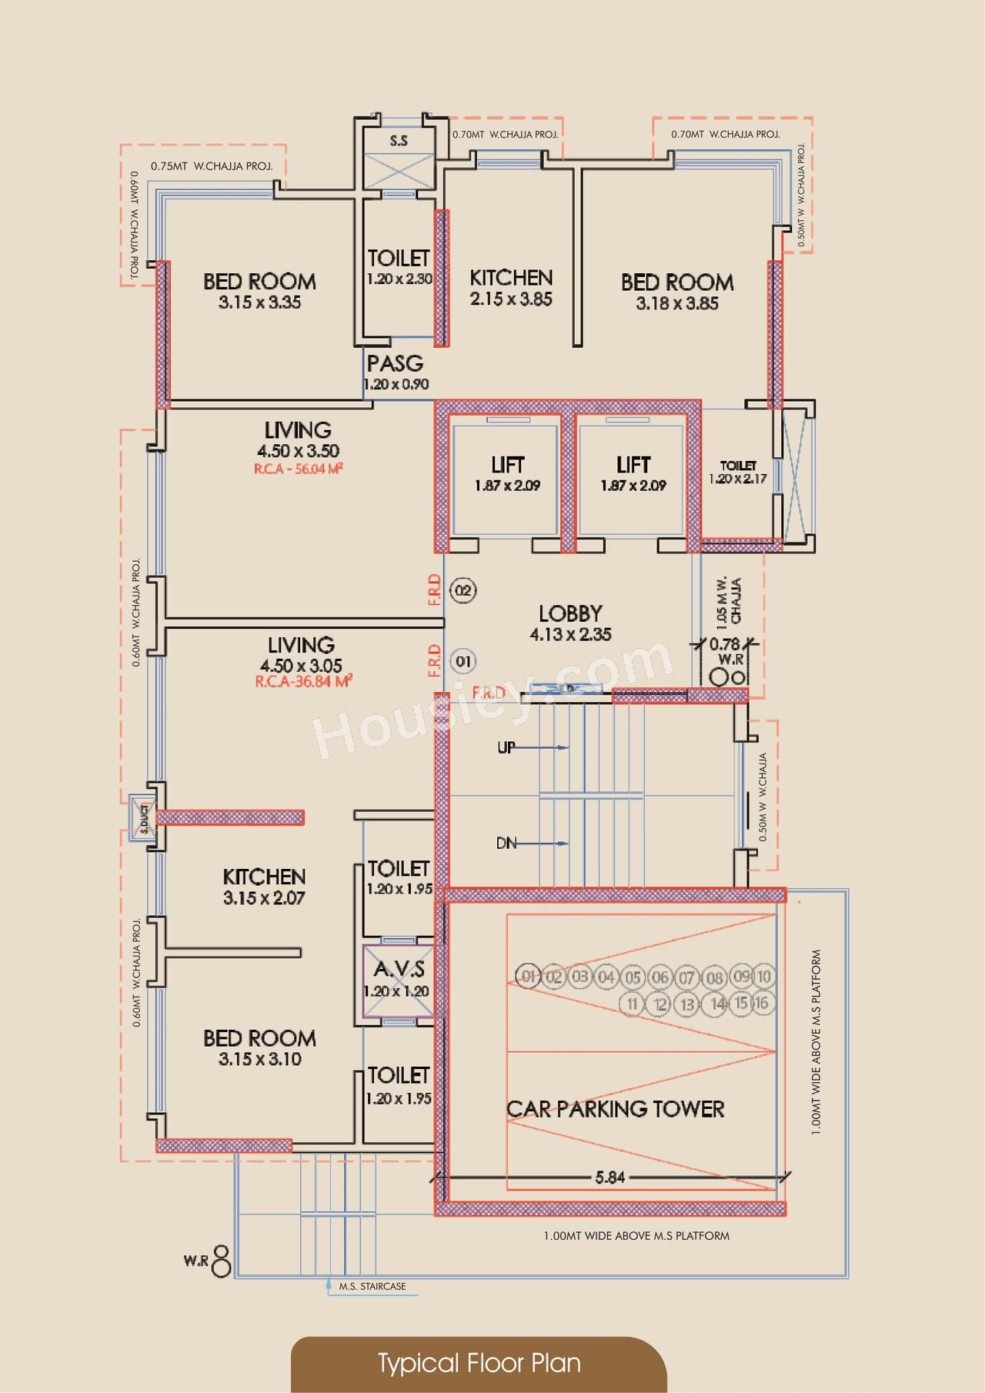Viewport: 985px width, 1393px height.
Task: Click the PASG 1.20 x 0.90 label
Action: [x=396, y=372]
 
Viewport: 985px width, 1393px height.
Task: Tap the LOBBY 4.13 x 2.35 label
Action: [x=570, y=623]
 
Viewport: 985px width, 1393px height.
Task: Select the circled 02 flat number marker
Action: [x=463, y=591]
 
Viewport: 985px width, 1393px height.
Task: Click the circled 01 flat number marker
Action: [x=463, y=661]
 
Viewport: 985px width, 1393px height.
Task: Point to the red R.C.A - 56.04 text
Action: [x=299, y=469]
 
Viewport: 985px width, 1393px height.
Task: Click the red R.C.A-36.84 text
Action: [x=303, y=682]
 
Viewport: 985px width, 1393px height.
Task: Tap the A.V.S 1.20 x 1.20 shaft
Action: [x=398, y=979]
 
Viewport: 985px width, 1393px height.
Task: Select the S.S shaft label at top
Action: [x=399, y=141]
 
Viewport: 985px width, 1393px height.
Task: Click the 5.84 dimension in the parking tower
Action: [x=609, y=1177]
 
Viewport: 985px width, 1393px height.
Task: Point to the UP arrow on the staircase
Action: [x=531, y=747]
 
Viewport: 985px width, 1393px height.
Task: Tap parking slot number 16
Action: [x=761, y=1003]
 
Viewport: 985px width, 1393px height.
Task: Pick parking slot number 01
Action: [x=528, y=977]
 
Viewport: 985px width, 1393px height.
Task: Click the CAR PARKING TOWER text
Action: [x=615, y=1109]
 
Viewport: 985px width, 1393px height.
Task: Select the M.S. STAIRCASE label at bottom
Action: [x=372, y=1287]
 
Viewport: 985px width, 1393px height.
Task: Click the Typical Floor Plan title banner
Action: [x=479, y=1363]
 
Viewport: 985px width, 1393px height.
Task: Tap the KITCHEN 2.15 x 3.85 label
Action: [x=511, y=288]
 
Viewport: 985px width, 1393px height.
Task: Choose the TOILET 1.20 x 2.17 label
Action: [x=737, y=473]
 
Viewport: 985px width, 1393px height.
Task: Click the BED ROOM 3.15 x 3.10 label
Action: [x=259, y=1048]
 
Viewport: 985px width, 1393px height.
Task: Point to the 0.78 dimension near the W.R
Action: [x=724, y=644]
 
